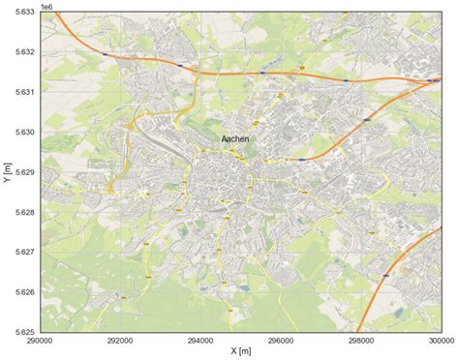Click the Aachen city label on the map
coord(237,140)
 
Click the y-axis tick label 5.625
coord(23,331)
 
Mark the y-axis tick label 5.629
coord(23,171)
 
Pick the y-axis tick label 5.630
coord(23,132)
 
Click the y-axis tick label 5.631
coord(23,92)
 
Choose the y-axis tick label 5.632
coord(23,51)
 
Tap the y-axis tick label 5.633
coord(23,12)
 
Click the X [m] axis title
coord(240,352)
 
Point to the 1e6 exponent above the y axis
coord(48,6)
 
